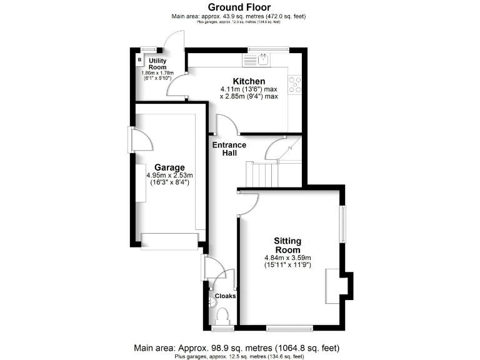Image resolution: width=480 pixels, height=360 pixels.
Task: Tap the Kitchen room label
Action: [x=249, y=81]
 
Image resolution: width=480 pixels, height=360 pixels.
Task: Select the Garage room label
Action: [x=170, y=167]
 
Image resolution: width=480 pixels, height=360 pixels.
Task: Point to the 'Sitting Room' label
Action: [x=287, y=245]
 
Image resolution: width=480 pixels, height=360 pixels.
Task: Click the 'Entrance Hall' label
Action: [x=229, y=149]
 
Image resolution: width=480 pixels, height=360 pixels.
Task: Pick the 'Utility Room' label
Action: [x=157, y=64]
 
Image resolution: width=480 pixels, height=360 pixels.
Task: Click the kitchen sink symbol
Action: [x=264, y=59]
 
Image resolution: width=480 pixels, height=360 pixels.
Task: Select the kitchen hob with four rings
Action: [x=294, y=84]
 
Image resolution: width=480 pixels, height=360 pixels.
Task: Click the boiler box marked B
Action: [x=139, y=60]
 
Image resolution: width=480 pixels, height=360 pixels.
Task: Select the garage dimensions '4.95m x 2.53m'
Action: [x=170, y=176]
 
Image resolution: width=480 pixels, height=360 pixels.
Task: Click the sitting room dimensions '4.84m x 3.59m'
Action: [x=287, y=257]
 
